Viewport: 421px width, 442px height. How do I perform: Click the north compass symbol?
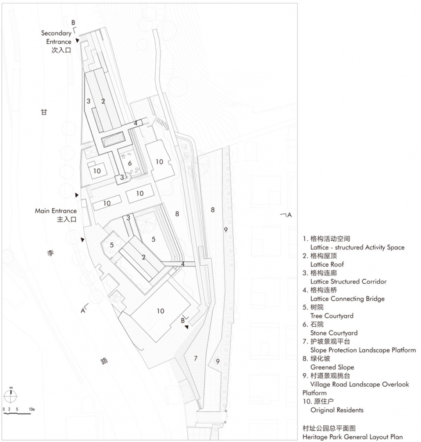[11, 395]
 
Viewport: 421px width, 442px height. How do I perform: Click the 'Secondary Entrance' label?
[56, 37]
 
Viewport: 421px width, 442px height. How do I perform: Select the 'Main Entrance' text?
[56, 211]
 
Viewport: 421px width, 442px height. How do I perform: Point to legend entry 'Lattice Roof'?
[327, 264]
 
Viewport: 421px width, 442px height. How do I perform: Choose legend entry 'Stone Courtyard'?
[334, 333]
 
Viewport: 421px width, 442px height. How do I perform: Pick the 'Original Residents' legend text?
[337, 410]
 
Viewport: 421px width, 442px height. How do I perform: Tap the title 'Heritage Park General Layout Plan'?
[352, 437]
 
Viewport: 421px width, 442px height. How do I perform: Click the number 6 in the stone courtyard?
[130, 163]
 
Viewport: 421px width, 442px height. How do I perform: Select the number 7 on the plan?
[196, 358]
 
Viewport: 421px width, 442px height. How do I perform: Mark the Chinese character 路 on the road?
[104, 361]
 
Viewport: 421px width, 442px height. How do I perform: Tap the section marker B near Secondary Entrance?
[74, 22]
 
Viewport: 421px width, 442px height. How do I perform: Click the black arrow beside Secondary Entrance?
[78, 41]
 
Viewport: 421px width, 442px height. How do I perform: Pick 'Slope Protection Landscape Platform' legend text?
[363, 350]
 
